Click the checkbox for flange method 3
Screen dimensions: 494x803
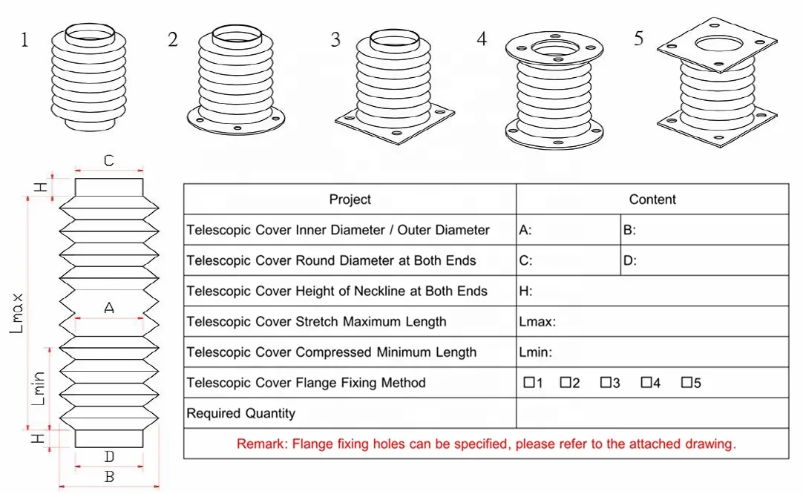(x=605, y=383)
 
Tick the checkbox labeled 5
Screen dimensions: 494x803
(x=686, y=383)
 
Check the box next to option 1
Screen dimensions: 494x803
(x=528, y=383)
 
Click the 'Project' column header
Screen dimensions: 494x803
(x=350, y=200)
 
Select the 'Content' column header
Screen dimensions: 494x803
(x=652, y=200)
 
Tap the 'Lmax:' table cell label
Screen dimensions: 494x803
(x=538, y=322)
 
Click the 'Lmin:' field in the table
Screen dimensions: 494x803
(x=535, y=352)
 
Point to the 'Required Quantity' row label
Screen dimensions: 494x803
(x=240, y=413)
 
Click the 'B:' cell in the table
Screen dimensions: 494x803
(x=629, y=230)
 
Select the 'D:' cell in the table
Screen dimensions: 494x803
(x=629, y=261)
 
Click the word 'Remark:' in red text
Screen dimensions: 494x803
(x=262, y=444)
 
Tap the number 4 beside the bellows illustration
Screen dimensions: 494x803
(x=482, y=40)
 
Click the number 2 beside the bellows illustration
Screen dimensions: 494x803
(x=173, y=40)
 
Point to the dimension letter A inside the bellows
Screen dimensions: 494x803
(x=109, y=308)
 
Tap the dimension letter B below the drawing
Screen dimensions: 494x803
(x=109, y=477)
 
